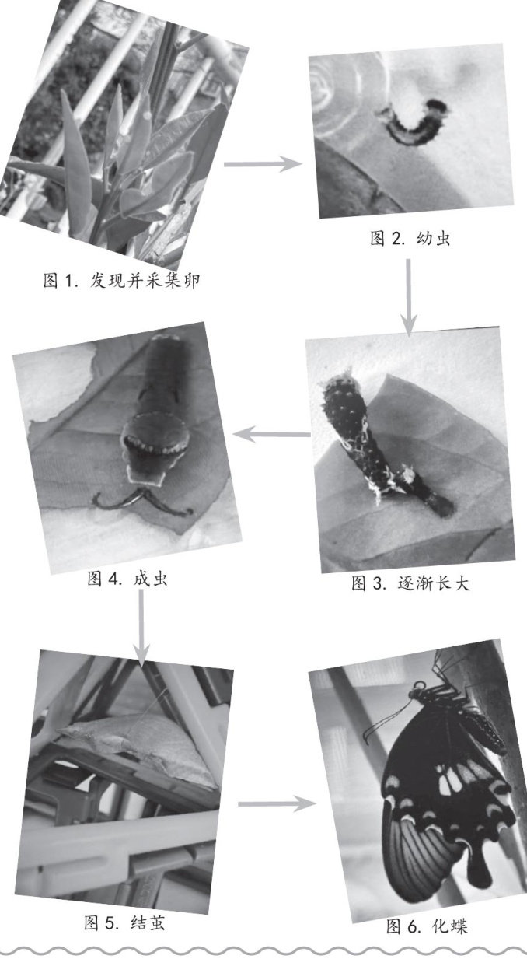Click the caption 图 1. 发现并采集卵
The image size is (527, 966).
(x=121, y=282)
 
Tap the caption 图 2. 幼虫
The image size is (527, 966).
(x=410, y=239)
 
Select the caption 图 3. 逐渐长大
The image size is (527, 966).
(x=410, y=583)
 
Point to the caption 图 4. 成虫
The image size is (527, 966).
(x=127, y=579)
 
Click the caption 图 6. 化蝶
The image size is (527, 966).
(x=427, y=926)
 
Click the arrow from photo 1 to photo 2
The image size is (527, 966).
(x=263, y=164)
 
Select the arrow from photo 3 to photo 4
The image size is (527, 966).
(x=271, y=434)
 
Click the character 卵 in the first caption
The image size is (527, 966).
(x=191, y=282)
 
